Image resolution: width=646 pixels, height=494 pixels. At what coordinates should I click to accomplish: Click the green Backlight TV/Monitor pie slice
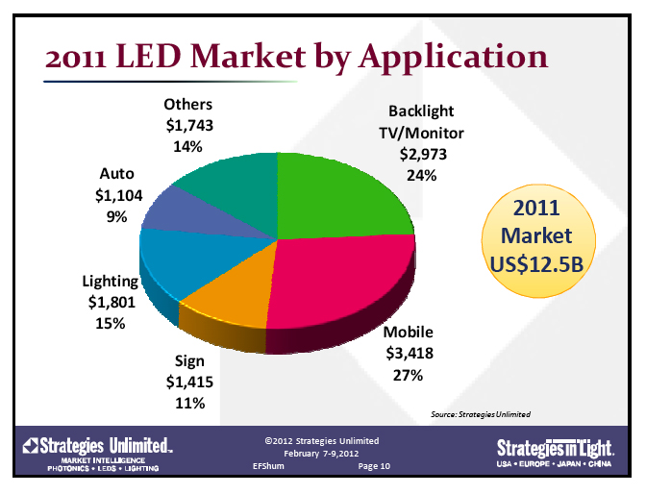click(336, 192)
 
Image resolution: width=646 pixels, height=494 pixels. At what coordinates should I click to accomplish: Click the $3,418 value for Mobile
click(409, 354)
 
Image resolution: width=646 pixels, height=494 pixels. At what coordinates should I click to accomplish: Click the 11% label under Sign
click(188, 404)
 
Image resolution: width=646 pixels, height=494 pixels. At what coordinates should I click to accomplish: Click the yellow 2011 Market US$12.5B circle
click(542, 235)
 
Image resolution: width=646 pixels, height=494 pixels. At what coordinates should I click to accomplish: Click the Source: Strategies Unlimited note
click(481, 413)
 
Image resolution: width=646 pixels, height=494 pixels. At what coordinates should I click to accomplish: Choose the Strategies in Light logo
click(556, 451)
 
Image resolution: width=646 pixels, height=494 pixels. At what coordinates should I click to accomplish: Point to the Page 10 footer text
click(374, 465)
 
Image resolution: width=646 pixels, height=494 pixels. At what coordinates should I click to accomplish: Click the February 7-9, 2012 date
click(322, 453)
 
